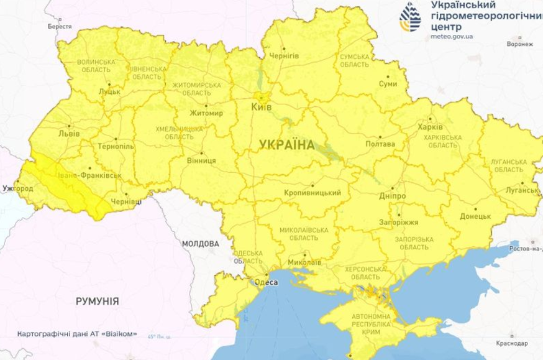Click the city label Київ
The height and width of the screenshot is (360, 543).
click(x=261, y=107)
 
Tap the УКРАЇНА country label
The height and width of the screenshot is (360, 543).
click(x=282, y=145)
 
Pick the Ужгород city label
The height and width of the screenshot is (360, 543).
click(x=17, y=187)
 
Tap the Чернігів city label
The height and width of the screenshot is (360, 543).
click(x=285, y=56)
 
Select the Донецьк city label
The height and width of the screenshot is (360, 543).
click(x=475, y=218)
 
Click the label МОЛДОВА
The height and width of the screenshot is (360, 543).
click(x=201, y=243)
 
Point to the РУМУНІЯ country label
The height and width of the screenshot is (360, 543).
click(x=98, y=300)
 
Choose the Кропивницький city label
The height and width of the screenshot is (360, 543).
click(x=312, y=193)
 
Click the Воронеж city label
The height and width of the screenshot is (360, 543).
click(x=520, y=45)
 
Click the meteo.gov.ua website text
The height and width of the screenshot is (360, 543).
click(x=452, y=37)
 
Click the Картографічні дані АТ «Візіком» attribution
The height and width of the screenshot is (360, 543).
click(x=78, y=333)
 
